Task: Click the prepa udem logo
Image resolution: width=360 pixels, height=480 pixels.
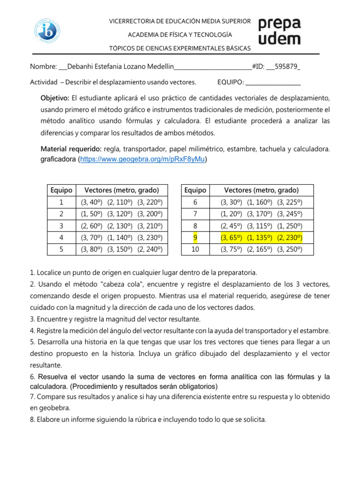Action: click(x=280, y=31)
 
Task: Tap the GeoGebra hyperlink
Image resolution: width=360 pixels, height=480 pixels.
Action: click(x=142, y=159)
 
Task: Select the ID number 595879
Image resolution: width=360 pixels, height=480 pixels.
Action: click(x=286, y=67)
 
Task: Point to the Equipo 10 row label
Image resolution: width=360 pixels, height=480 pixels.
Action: click(x=195, y=249)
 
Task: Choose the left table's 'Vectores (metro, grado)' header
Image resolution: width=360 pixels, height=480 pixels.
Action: click(x=121, y=190)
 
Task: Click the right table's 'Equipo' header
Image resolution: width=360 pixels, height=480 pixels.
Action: click(x=195, y=190)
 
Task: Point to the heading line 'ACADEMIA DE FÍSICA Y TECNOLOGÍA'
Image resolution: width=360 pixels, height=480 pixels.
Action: click(x=180, y=35)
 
